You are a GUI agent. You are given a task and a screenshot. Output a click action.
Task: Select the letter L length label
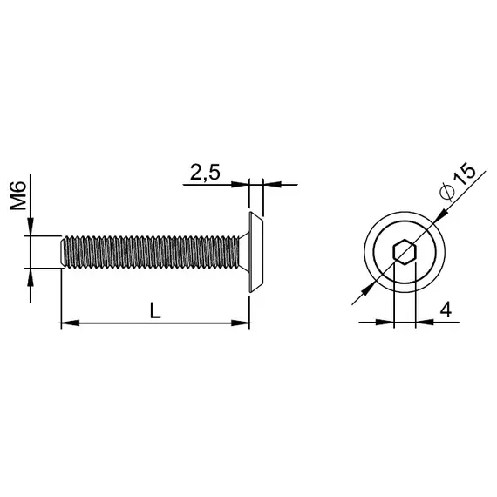[154, 310]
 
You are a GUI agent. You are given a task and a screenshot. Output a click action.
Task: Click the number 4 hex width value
[445, 310]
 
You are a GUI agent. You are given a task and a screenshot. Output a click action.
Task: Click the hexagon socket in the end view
[404, 254]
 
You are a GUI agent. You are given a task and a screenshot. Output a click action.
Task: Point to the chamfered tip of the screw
[63, 253]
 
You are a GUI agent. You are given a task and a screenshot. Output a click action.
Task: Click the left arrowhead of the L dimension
[69, 323]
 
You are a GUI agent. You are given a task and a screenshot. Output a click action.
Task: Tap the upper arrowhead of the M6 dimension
[31, 229]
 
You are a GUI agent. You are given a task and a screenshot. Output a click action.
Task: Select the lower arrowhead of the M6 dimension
[31, 276]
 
